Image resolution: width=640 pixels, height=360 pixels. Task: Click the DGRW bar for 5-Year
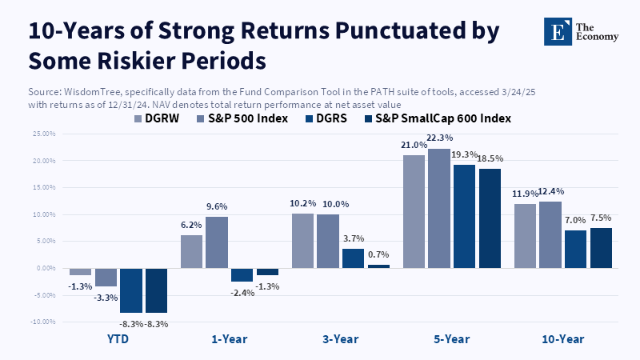tap(414, 211)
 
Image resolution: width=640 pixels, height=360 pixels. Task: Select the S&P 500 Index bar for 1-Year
tap(217, 242)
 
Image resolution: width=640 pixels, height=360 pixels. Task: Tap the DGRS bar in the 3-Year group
tap(353, 258)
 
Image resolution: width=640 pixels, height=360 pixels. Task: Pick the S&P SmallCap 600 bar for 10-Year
tap(601, 247)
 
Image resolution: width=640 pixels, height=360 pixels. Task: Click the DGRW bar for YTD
tap(80, 271)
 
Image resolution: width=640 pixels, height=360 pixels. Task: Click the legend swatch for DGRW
tap(138, 118)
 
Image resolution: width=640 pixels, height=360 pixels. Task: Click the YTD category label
tap(118, 339)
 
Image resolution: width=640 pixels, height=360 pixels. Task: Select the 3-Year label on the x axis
tap(340, 339)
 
